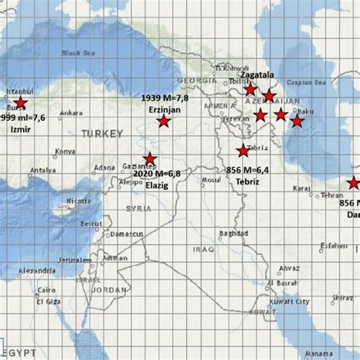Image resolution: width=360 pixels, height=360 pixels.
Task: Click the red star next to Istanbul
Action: coord(21,103)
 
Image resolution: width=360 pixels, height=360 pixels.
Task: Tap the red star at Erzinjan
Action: coord(163,121)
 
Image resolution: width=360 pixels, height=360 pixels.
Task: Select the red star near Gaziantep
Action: coord(150,159)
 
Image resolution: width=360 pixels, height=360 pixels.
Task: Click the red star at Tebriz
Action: coord(243,150)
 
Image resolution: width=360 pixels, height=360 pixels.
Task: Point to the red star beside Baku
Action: coord(297,120)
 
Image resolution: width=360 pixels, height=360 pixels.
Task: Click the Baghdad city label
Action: coord(233,232)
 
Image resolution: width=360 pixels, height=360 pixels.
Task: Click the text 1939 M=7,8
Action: coord(165,99)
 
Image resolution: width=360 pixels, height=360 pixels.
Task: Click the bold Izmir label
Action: coord(19,130)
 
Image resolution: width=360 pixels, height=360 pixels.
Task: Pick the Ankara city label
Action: coord(71,113)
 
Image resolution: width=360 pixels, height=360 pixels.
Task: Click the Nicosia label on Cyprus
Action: coord(77,201)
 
